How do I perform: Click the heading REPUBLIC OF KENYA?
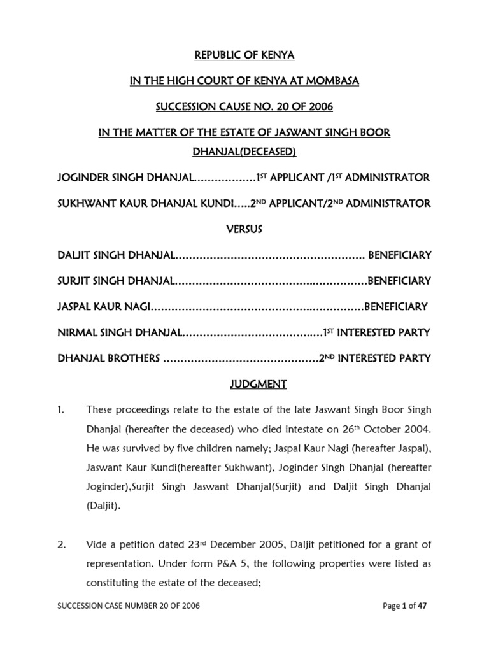(244, 55)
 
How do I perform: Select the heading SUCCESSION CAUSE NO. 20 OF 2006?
(244, 106)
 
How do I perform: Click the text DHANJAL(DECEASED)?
(244, 152)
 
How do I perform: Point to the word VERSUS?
(244, 229)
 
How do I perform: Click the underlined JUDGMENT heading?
(244, 384)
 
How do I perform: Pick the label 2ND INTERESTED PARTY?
(375, 358)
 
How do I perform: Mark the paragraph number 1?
(62, 409)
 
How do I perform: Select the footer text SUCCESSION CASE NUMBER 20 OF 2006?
(129, 607)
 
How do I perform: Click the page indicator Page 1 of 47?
(404, 607)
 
